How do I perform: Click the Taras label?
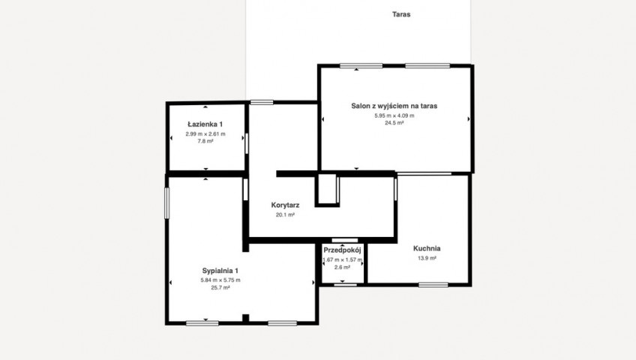pyautogui.click(x=401, y=14)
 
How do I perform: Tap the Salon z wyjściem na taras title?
pyautogui.click(x=394, y=106)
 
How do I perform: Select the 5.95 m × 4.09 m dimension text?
pyautogui.click(x=394, y=115)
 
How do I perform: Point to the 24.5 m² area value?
pyautogui.click(x=394, y=123)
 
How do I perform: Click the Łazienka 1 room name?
pyautogui.click(x=205, y=124)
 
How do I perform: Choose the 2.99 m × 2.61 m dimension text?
pyautogui.click(x=205, y=133)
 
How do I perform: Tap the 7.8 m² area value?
pyautogui.click(x=205, y=141)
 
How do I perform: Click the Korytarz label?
pyautogui.click(x=285, y=205)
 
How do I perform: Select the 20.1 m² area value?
pyautogui.click(x=285, y=214)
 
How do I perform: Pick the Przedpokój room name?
pyautogui.click(x=342, y=250)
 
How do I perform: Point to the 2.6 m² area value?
pyautogui.click(x=342, y=267)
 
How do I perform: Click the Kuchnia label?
pyautogui.click(x=427, y=248)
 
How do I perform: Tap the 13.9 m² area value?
pyautogui.click(x=427, y=258)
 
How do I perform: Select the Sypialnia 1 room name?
pyautogui.click(x=220, y=271)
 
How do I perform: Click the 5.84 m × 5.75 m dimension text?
pyautogui.click(x=220, y=280)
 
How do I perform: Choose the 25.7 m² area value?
pyautogui.click(x=220, y=288)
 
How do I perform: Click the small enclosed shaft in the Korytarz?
pyautogui.click(x=327, y=190)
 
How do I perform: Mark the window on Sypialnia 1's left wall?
pyautogui.click(x=166, y=203)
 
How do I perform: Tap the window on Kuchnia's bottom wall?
pyautogui.click(x=433, y=285)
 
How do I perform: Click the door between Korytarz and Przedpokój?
pyautogui.click(x=345, y=241)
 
